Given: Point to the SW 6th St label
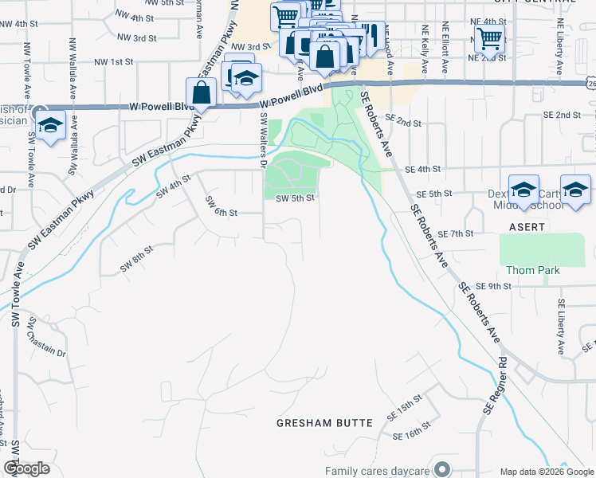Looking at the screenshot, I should [x=222, y=206].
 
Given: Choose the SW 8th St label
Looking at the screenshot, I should [x=135, y=260].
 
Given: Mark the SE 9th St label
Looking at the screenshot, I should [x=492, y=286].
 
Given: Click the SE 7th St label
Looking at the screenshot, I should [x=457, y=233].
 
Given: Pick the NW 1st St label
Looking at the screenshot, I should [x=113, y=61].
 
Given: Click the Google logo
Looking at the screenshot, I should [x=27, y=468].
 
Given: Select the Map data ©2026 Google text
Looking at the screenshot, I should [x=546, y=472].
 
